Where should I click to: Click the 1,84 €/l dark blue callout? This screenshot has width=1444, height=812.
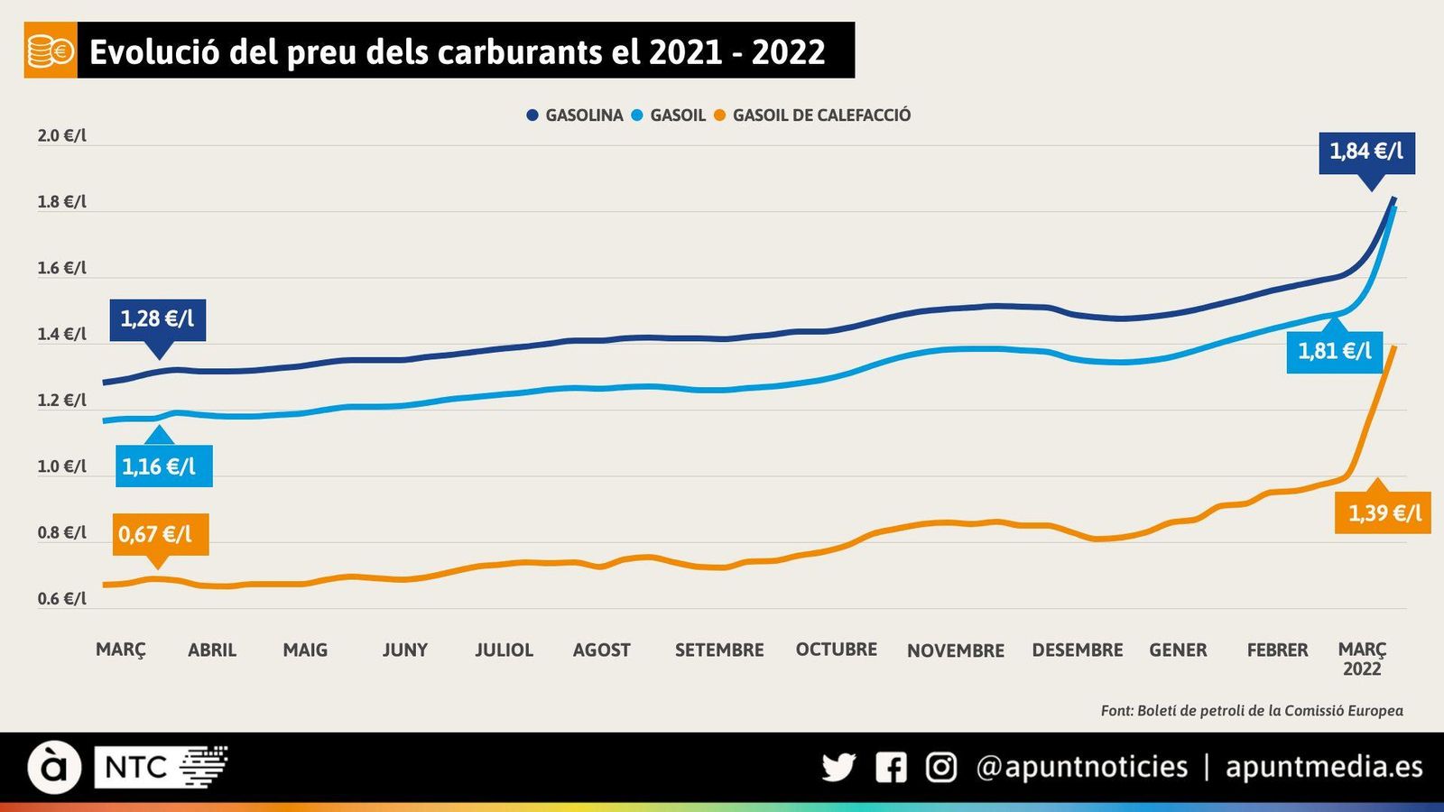point(1366,152)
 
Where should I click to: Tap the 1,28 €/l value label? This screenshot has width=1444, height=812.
point(157,319)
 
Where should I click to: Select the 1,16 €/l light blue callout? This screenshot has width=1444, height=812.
point(159,466)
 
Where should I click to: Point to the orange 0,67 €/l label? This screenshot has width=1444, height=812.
point(155,534)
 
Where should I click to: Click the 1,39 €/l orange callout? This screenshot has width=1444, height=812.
point(1384,513)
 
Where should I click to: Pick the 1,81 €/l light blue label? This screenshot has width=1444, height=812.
point(1334,351)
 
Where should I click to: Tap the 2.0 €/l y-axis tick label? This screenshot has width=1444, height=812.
point(61,136)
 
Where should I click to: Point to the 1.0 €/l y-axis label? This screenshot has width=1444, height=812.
point(61,466)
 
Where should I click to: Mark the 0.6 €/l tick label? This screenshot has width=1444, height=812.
point(61,599)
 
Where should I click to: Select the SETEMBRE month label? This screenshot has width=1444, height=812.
point(719,651)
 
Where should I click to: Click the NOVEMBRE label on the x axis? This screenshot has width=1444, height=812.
point(955,651)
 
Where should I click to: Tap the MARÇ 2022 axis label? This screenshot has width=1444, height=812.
point(1362,659)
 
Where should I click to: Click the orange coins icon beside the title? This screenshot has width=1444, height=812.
point(51,51)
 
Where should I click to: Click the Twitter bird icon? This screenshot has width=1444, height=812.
point(838,768)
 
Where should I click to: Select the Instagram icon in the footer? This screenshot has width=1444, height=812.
point(940,768)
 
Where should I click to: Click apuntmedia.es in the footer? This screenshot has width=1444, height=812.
point(1323,768)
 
